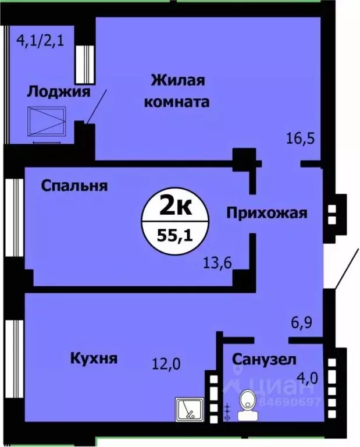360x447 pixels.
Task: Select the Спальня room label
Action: point(74,186)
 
